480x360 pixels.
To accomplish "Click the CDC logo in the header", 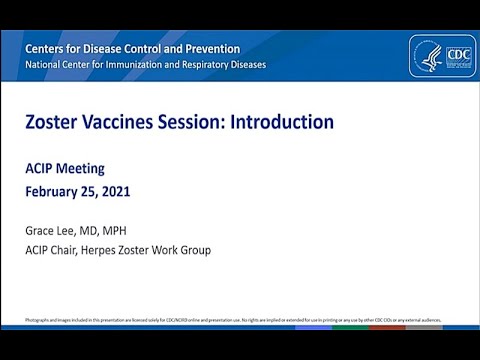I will pos(442,57).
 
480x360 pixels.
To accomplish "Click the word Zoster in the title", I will pos(52,122).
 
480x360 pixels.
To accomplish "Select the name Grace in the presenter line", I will pos(43,230).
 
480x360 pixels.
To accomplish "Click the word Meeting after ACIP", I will pos(82,168).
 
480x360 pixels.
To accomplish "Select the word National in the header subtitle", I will pos(44,66).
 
